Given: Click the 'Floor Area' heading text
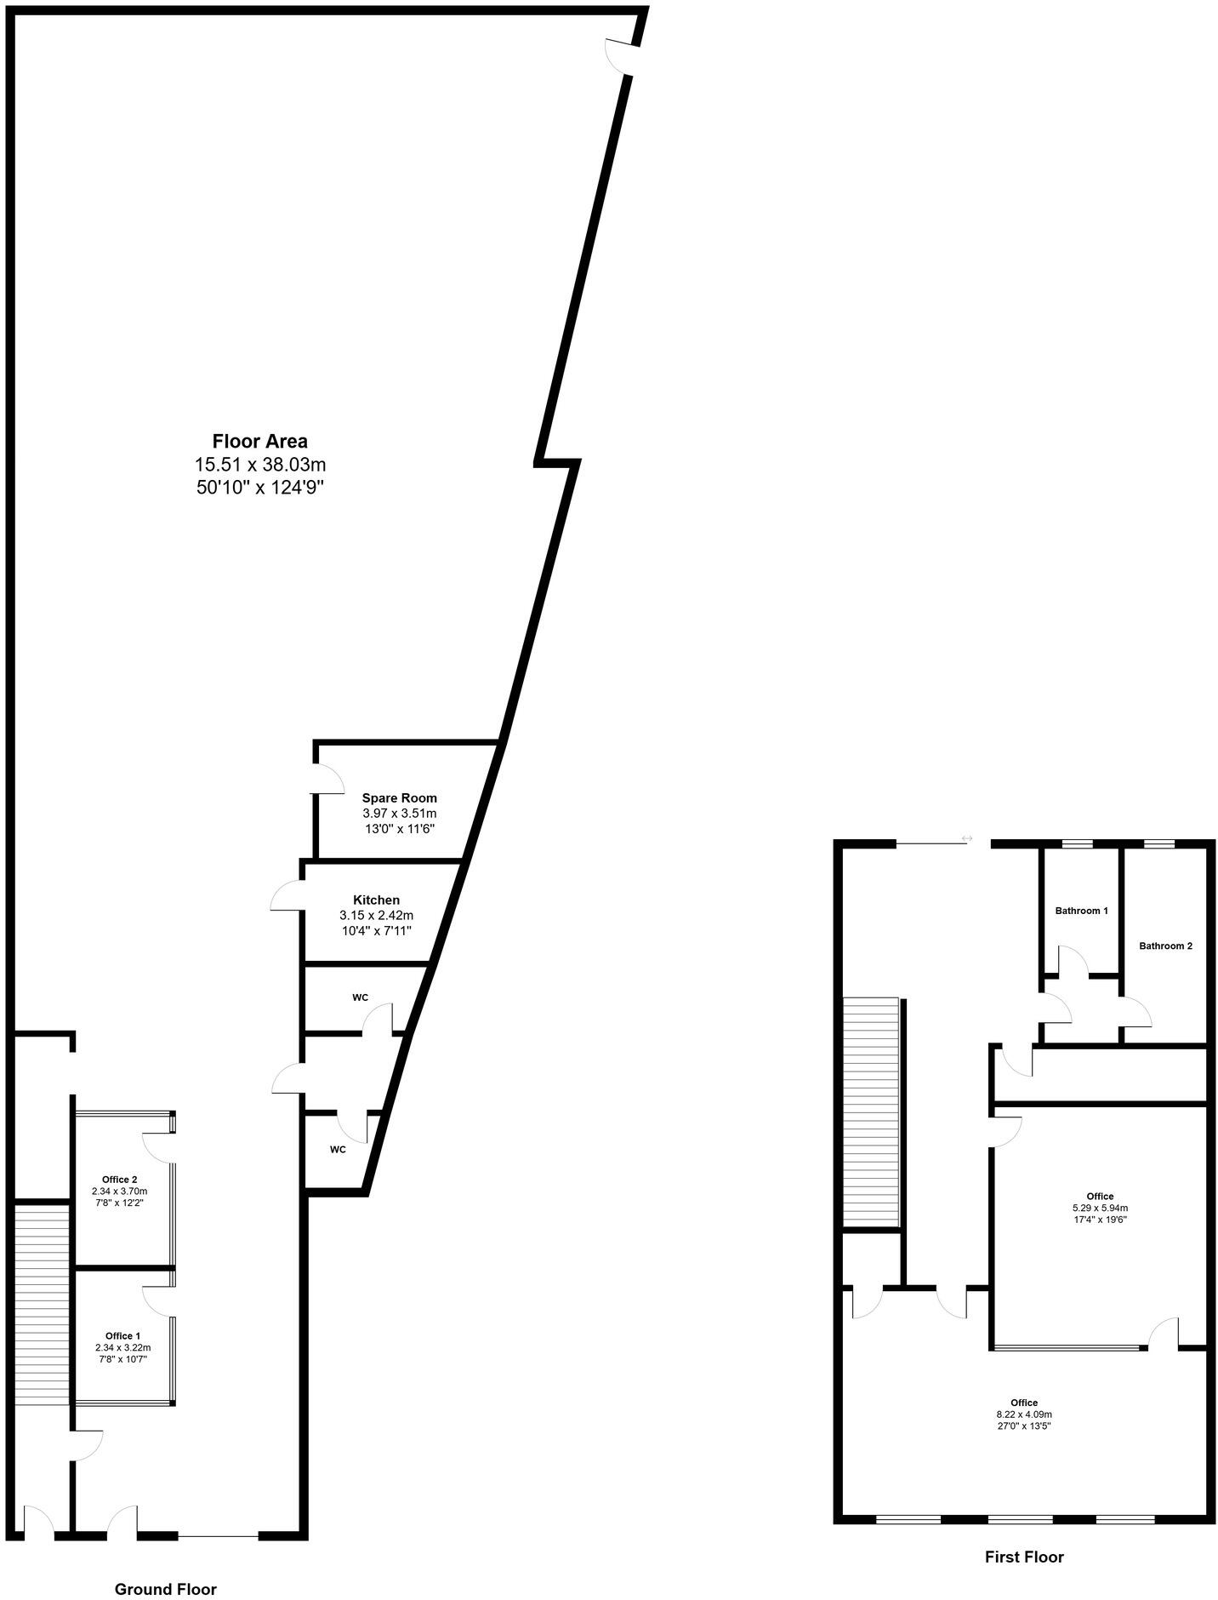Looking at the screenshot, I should coord(259,441).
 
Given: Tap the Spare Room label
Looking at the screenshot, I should coord(399,798).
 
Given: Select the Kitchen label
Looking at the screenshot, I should coord(376,900).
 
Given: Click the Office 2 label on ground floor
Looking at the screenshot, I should coord(119,1180).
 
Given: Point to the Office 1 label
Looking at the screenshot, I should coord(122,1335).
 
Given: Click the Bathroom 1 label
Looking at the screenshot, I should coord(1081,911).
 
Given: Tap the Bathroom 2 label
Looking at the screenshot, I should coord(1165,946).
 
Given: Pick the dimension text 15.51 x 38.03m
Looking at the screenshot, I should coord(260,465).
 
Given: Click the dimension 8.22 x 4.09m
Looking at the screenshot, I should coord(1024,1414).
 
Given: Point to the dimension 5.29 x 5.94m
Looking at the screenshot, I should coord(1100,1208).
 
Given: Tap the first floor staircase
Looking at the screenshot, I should coord(871,1111).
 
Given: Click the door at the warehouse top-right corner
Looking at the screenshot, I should coord(619,56).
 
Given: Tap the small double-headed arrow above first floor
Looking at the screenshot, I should coord(966,839).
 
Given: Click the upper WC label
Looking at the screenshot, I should coord(360,997).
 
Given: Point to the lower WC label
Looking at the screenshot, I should coord(338,1149).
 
